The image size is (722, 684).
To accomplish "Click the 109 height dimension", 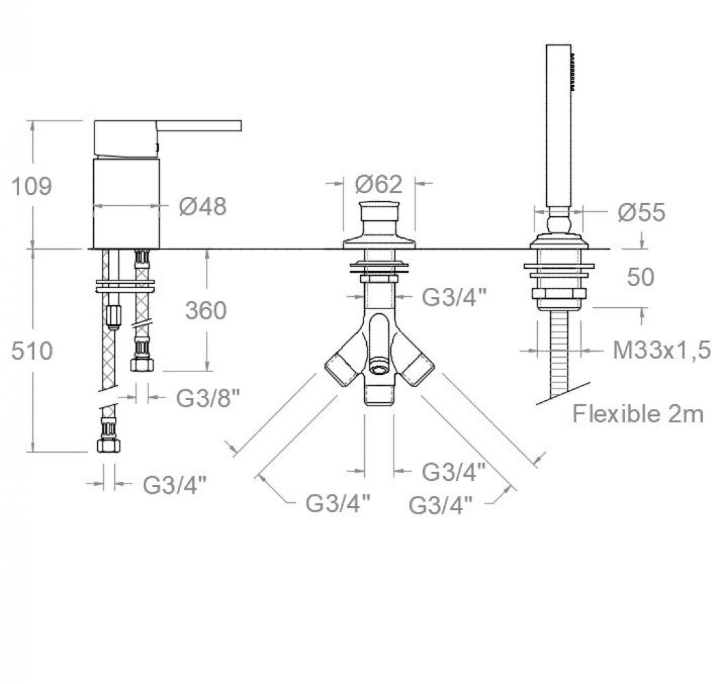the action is click(x=31, y=187).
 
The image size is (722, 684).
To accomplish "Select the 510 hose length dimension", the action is click(x=31, y=351).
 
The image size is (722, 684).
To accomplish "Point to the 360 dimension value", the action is click(x=206, y=311).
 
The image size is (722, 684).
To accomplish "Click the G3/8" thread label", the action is click(x=208, y=398).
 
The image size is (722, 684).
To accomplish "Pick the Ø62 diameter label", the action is click(x=378, y=185).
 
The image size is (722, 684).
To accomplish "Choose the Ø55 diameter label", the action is click(x=641, y=212).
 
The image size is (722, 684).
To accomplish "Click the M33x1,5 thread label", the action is click(x=662, y=350).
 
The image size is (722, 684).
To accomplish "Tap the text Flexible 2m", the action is click(x=638, y=414).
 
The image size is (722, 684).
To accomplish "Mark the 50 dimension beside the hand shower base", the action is click(x=641, y=277).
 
